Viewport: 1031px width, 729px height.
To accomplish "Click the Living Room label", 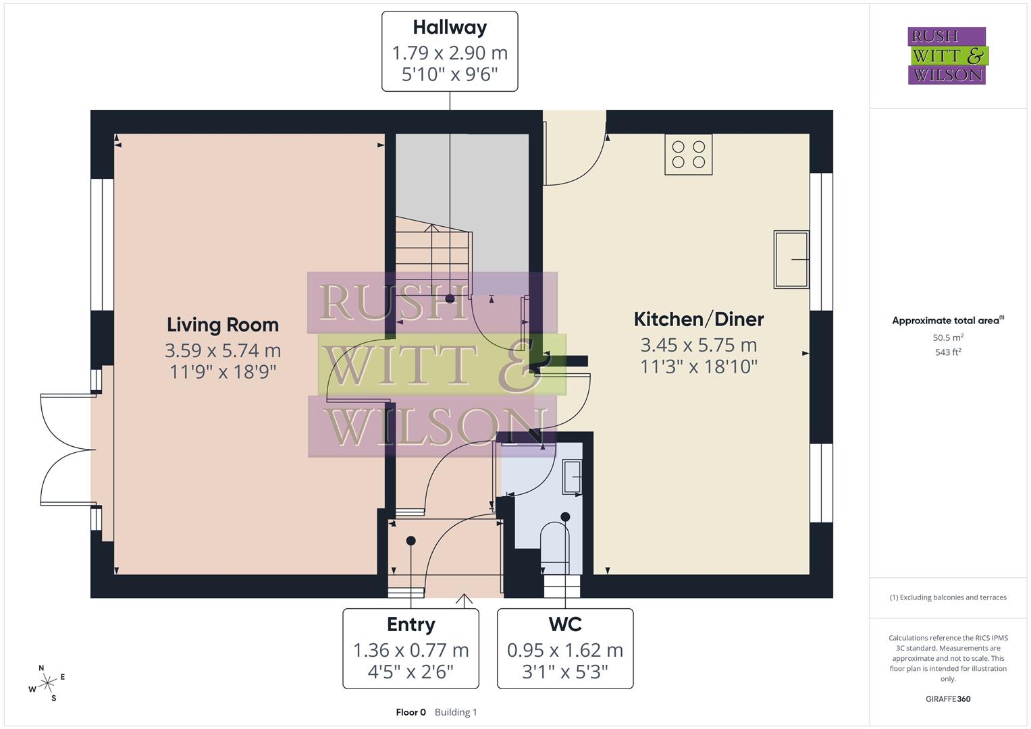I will point(222,325).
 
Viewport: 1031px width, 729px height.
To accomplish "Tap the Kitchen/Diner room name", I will point(698,319).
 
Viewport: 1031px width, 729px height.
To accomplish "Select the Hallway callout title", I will point(450,28).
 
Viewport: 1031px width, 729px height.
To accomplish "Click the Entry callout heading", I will point(411,625).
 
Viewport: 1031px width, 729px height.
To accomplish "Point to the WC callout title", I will point(565,625).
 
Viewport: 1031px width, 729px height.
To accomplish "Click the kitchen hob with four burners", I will point(688,155).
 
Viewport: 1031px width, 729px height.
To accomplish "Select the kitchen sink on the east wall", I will point(791,260).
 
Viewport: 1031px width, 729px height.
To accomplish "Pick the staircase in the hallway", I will point(432,256).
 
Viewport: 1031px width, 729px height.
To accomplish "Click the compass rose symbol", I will point(47,683).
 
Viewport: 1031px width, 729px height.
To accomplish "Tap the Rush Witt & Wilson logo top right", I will point(947,56).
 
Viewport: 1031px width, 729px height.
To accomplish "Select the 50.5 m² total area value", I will point(947,337).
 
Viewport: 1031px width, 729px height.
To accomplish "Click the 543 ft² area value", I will point(947,352).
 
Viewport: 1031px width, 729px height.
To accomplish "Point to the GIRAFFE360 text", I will point(947,699).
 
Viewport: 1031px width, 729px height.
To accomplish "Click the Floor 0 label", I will point(411,712).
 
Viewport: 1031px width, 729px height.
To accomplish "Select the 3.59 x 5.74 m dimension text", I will point(222,351).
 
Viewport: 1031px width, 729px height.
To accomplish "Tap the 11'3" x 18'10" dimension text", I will point(698,367).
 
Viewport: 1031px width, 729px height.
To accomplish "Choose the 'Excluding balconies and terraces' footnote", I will point(947,597).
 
